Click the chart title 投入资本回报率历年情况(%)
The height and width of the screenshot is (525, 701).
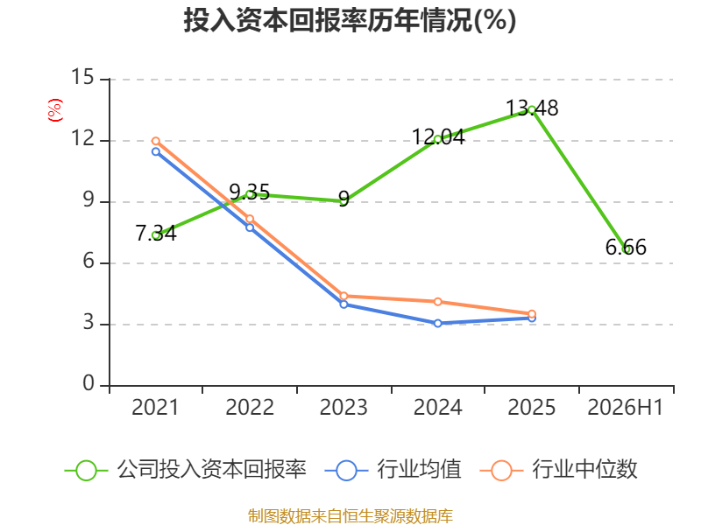tap(350, 20)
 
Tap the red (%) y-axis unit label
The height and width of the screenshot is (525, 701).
tap(55, 110)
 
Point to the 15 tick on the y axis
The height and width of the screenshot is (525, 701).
tap(82, 77)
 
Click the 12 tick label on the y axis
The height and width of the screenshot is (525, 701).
tap(82, 138)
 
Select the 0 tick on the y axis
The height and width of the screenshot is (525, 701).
tap(89, 383)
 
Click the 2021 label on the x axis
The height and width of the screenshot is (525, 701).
tap(155, 407)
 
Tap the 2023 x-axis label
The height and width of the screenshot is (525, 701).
tap(343, 407)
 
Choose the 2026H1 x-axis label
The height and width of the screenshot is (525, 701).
tap(626, 407)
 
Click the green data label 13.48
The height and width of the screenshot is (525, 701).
tap(532, 108)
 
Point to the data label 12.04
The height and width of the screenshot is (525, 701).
tap(438, 137)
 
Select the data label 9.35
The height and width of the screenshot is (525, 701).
tap(250, 192)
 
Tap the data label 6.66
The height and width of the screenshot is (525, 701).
tap(626, 248)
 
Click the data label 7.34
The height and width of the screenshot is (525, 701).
tap(156, 233)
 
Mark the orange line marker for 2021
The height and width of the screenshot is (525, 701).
tap(156, 141)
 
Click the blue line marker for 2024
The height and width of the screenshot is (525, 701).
tap(437, 323)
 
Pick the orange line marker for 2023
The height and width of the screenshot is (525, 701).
tap(343, 296)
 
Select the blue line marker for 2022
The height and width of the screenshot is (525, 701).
tap(250, 227)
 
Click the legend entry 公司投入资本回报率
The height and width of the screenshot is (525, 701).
tap(185, 470)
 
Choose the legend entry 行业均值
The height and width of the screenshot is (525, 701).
tap(393, 470)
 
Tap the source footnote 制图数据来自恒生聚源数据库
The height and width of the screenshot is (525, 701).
tap(350, 516)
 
